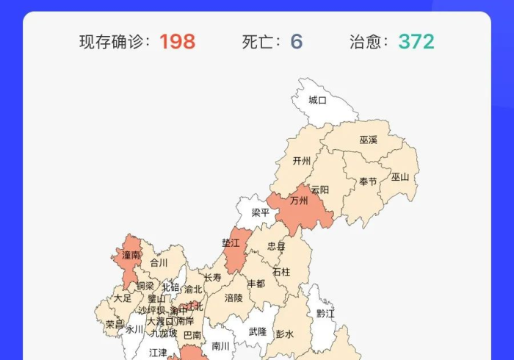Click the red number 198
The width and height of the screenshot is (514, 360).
[177, 41]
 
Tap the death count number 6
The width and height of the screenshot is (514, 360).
[296, 41]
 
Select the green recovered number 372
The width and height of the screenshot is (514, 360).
[416, 41]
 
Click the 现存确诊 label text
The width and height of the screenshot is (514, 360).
[115, 42]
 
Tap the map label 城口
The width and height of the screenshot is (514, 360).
[318, 100]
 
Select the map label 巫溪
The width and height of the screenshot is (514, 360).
[369, 140]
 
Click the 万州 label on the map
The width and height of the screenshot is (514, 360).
[299, 200]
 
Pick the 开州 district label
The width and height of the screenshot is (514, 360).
[302, 161]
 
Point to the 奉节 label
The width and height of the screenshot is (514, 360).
[368, 181]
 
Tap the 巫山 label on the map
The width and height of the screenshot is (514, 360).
[400, 176]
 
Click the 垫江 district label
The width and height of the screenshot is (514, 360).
[231, 242]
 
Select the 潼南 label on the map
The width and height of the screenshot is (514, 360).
[131, 255]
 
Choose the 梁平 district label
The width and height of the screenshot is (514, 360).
[261, 213]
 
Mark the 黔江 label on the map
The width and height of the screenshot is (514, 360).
[325, 314]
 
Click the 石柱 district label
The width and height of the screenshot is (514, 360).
[281, 272]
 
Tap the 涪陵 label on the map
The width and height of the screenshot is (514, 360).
[234, 298]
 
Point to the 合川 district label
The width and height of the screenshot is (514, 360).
[159, 262]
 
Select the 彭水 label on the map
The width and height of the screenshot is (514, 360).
[284, 334]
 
